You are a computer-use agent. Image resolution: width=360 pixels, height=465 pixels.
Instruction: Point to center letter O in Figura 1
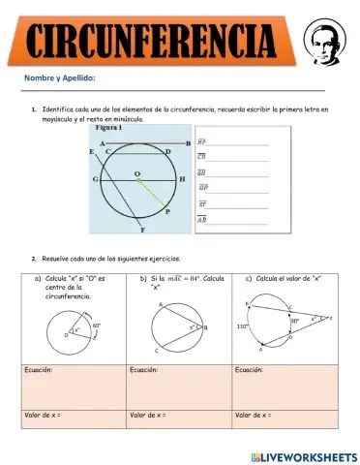click(137, 173)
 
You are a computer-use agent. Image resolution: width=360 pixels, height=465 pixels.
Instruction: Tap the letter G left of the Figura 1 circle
click(95, 180)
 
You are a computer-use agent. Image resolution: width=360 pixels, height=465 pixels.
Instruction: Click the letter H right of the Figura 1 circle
click(182, 180)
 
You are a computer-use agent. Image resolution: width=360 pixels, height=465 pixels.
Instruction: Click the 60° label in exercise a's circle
click(97, 325)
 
